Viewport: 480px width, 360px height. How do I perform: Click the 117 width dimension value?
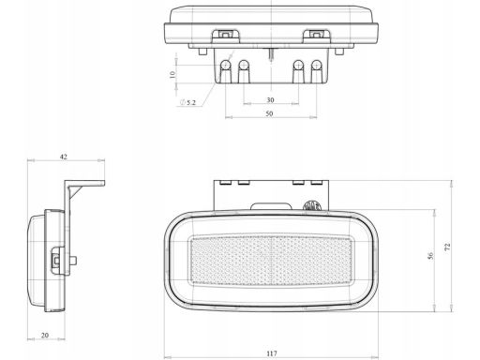tap(272, 353)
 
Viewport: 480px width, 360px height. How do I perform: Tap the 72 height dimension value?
tap(447, 247)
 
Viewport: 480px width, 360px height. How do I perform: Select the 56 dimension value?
tap(430, 256)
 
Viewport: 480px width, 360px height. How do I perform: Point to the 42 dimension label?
tap(64, 157)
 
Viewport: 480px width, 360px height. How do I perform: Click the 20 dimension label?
tap(45, 335)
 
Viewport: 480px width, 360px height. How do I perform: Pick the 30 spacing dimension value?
tap(270, 99)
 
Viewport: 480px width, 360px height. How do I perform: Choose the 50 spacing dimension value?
tap(269, 113)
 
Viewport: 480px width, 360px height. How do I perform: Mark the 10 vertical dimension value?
tap(172, 74)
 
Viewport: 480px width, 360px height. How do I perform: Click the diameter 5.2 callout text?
tap(188, 102)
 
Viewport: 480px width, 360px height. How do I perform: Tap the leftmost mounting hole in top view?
tap(225, 66)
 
